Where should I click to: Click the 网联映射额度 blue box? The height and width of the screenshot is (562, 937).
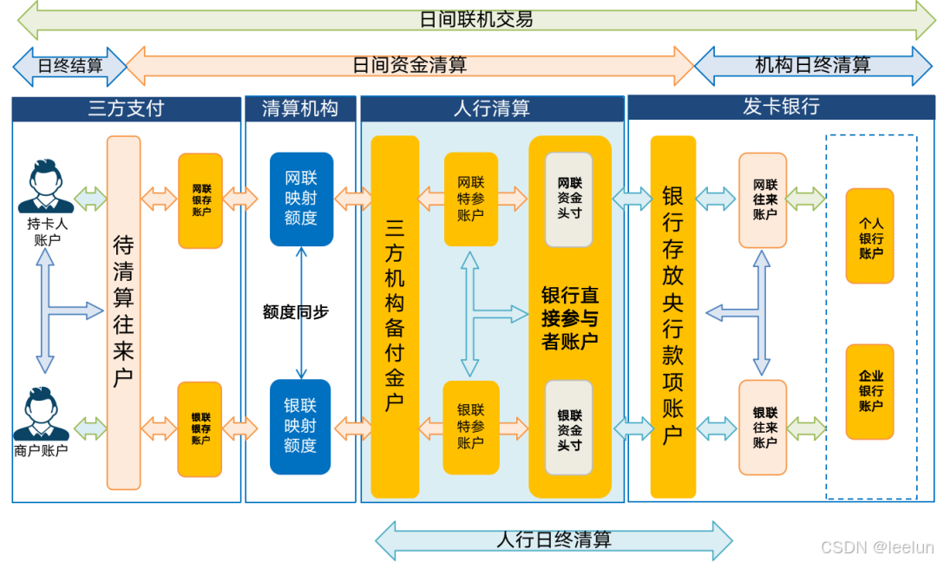[x=301, y=199]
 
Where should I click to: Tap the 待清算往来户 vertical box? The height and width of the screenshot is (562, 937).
[x=123, y=312]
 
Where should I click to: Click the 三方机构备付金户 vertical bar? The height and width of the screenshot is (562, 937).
[x=395, y=317]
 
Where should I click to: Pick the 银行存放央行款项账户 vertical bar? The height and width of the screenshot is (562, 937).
[x=672, y=317]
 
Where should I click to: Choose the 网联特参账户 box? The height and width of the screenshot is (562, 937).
[x=471, y=199]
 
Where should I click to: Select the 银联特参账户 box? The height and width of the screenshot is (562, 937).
[x=471, y=427]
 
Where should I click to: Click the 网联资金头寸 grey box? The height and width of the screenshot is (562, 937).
[x=569, y=199]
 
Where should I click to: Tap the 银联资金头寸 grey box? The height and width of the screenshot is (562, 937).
[x=569, y=427]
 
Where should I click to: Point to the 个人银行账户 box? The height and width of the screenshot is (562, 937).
[x=869, y=236]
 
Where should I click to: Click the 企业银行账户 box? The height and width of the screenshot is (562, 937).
[x=869, y=391]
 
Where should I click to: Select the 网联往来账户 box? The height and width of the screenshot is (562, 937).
[x=763, y=200]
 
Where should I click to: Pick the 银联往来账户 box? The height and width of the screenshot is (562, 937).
[x=763, y=428]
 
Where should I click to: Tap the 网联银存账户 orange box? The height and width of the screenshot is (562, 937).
[x=200, y=200]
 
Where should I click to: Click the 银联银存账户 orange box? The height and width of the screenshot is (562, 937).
[x=200, y=428]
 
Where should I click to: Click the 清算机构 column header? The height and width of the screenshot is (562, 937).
[x=300, y=108]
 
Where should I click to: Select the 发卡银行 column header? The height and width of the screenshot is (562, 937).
[x=781, y=108]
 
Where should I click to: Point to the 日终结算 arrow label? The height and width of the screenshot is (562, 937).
[x=69, y=66]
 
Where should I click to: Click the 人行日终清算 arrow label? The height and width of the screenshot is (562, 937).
[x=554, y=539]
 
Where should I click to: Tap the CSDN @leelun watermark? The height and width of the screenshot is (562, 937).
[x=876, y=546]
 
